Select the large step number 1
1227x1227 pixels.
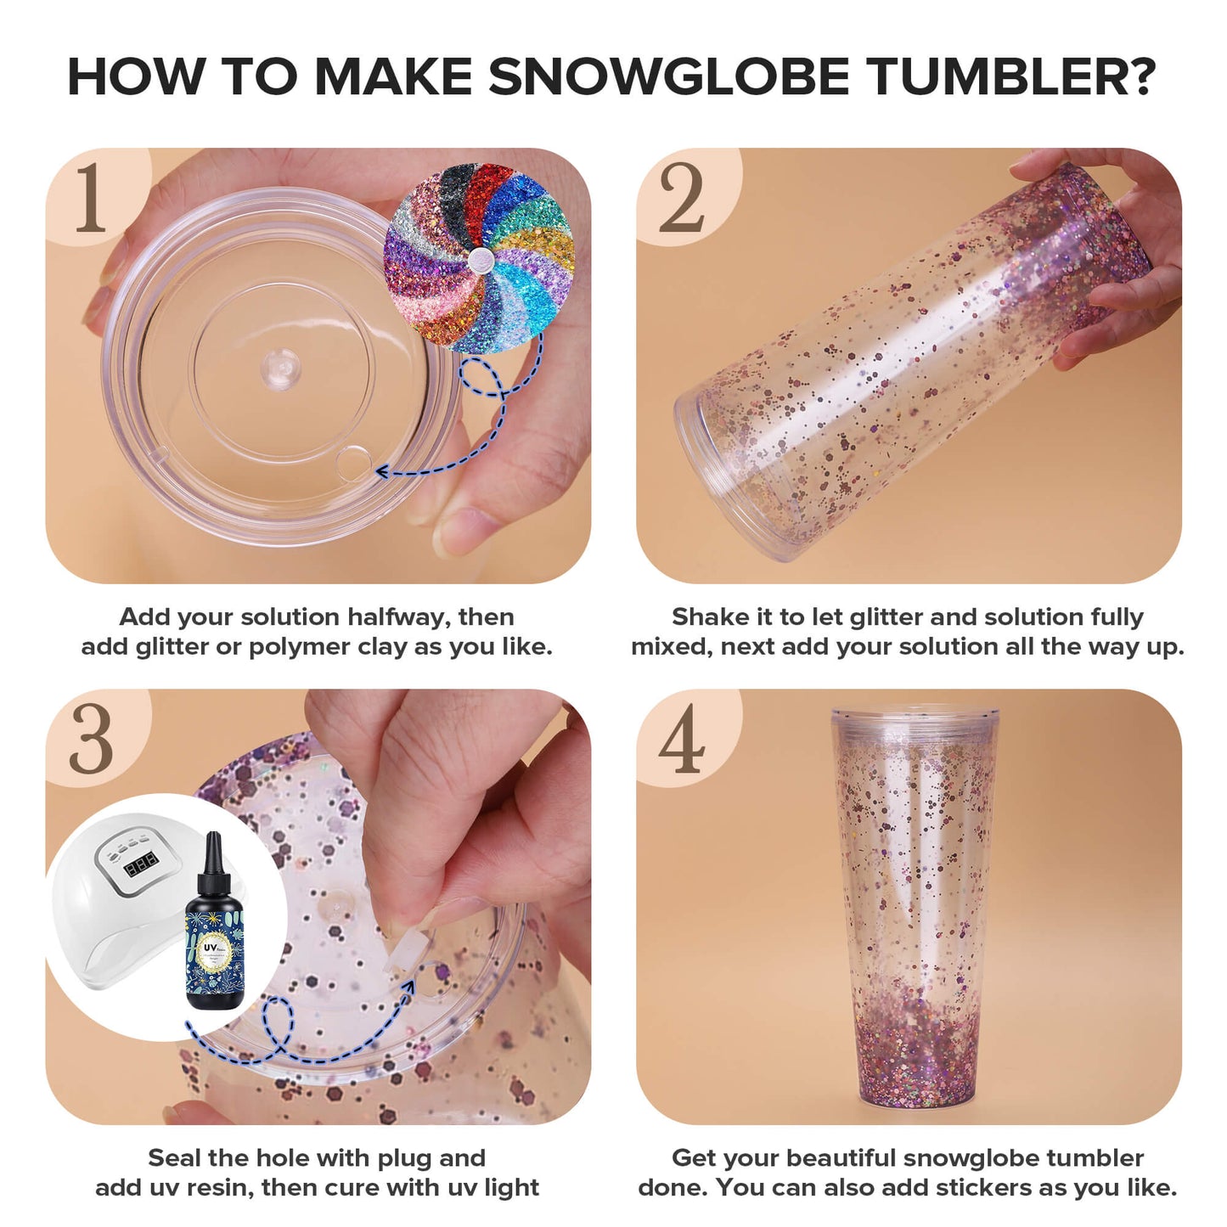90,198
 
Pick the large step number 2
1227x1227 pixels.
681,198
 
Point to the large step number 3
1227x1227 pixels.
90,739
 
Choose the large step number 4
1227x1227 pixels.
681,739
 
